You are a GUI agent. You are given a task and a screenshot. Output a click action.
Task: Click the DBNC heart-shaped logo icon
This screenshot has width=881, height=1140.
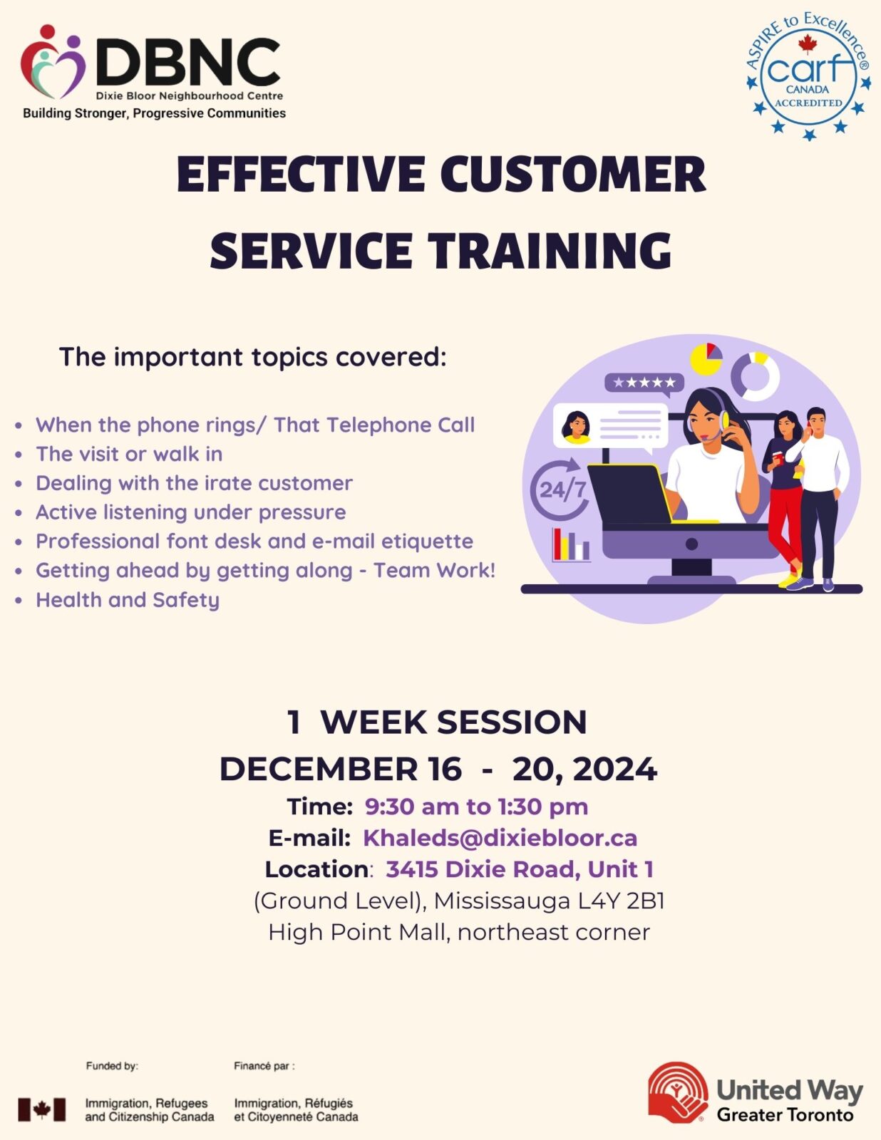pyautogui.click(x=53, y=62)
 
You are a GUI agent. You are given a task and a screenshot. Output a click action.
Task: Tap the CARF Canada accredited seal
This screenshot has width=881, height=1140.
pyautogui.click(x=808, y=77)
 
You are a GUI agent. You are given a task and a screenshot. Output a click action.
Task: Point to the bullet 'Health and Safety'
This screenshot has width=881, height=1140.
pyautogui.click(x=128, y=600)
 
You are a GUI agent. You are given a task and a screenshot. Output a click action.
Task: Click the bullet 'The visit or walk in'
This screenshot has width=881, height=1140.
pyautogui.click(x=129, y=454)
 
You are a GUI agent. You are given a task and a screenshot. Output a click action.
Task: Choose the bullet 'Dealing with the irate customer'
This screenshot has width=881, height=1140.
pyautogui.click(x=194, y=483)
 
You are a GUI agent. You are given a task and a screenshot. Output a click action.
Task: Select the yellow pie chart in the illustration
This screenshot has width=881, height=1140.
pyautogui.click(x=706, y=359)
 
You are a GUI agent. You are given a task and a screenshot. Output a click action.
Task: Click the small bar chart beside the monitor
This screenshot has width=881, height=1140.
pyautogui.click(x=572, y=545)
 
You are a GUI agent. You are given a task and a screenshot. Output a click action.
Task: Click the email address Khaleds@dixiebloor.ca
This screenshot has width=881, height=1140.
pyautogui.click(x=500, y=838)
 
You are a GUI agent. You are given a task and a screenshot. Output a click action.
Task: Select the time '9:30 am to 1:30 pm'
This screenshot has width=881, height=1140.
pyautogui.click(x=476, y=807)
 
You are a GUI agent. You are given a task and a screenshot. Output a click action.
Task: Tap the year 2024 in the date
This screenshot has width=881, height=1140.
pyautogui.click(x=615, y=769)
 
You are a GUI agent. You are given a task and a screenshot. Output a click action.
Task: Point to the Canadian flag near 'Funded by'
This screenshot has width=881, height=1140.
pyautogui.click(x=42, y=1109)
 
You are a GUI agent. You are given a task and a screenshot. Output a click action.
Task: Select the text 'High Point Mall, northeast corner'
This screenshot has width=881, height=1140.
pyautogui.click(x=459, y=932)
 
